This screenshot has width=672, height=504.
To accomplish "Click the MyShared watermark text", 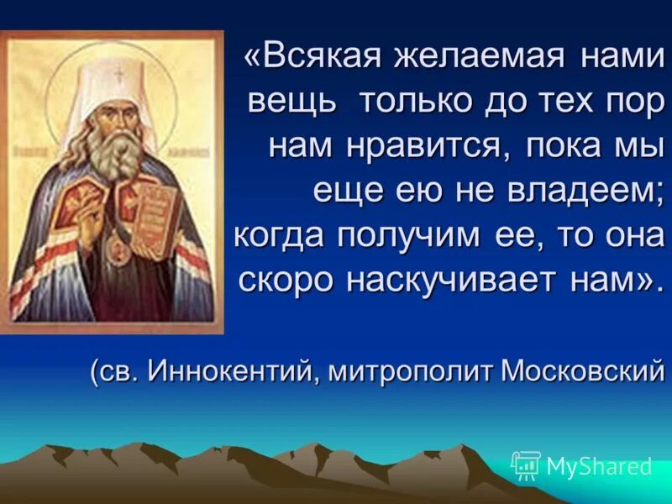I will pos(598,465).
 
